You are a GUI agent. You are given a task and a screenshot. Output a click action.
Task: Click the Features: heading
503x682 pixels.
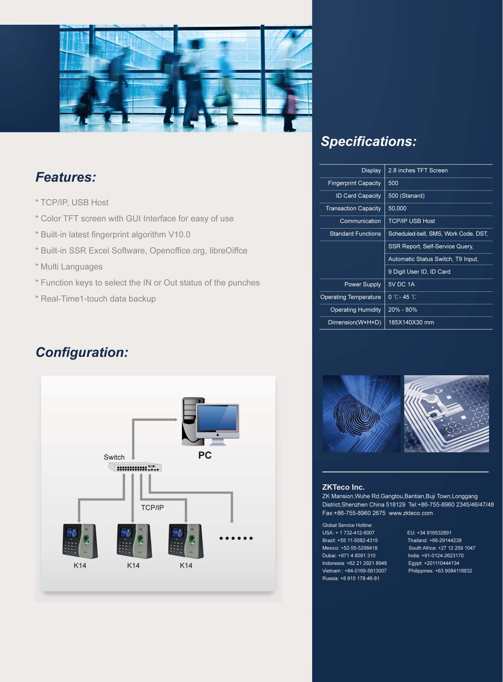(66, 177)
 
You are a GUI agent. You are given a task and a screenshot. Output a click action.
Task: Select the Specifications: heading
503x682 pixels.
(368, 141)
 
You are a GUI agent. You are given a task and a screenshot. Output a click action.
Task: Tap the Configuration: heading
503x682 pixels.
(82, 353)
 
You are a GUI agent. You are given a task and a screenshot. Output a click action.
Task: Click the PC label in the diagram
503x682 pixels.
(205, 455)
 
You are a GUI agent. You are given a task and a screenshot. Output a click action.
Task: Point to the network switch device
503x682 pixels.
(135, 467)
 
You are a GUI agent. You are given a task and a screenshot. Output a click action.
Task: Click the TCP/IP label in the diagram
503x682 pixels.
(152, 507)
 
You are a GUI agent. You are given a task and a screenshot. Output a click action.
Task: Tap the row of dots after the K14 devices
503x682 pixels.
(236, 538)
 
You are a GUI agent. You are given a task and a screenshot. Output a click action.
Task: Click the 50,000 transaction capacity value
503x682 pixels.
(397, 208)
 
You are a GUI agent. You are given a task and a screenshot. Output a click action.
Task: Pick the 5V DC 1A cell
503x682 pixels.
(401, 284)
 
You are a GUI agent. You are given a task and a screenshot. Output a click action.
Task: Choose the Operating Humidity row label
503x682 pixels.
(355, 310)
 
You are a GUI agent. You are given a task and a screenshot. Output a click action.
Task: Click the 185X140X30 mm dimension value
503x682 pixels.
(411, 322)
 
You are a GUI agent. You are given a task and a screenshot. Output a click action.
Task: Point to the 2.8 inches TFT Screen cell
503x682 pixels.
(418, 170)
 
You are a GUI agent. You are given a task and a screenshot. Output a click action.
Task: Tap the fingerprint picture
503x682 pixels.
(362, 413)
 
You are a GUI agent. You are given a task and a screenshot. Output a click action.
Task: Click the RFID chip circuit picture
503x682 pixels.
(446, 413)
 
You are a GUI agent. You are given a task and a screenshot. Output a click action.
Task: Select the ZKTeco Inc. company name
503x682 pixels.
(343, 487)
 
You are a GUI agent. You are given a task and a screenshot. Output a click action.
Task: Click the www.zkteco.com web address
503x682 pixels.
(411, 513)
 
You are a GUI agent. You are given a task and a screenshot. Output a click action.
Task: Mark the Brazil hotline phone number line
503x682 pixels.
(350, 541)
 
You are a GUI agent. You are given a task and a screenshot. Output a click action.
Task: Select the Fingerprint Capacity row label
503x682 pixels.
(354, 183)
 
